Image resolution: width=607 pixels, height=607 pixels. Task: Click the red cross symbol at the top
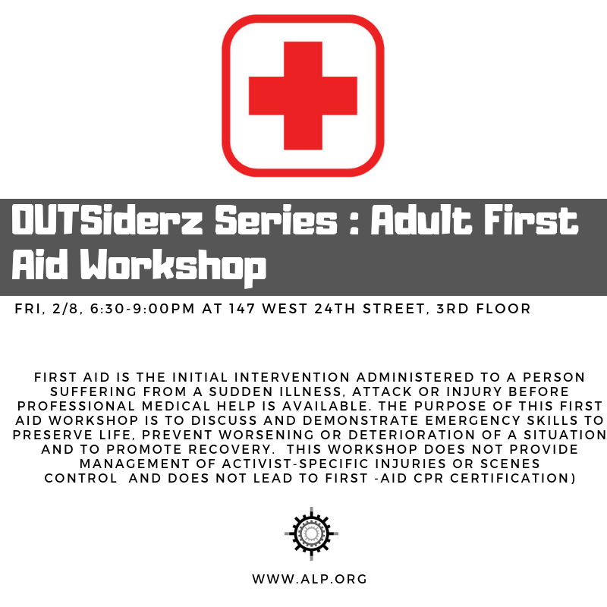tap(303, 96)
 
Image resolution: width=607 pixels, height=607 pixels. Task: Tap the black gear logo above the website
tap(311, 533)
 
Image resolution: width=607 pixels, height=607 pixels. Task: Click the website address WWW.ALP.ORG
tap(310, 579)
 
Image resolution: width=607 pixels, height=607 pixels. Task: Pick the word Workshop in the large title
tap(173, 266)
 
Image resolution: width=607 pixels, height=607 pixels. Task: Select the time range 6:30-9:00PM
tap(143, 309)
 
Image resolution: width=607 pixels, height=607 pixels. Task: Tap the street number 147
tap(241, 309)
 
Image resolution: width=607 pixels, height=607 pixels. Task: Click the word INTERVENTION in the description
tap(292, 377)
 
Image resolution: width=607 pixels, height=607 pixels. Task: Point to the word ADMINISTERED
tap(415, 377)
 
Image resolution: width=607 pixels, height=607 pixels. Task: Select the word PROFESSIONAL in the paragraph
tap(77, 406)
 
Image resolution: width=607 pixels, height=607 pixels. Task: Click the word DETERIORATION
tap(411, 435)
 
